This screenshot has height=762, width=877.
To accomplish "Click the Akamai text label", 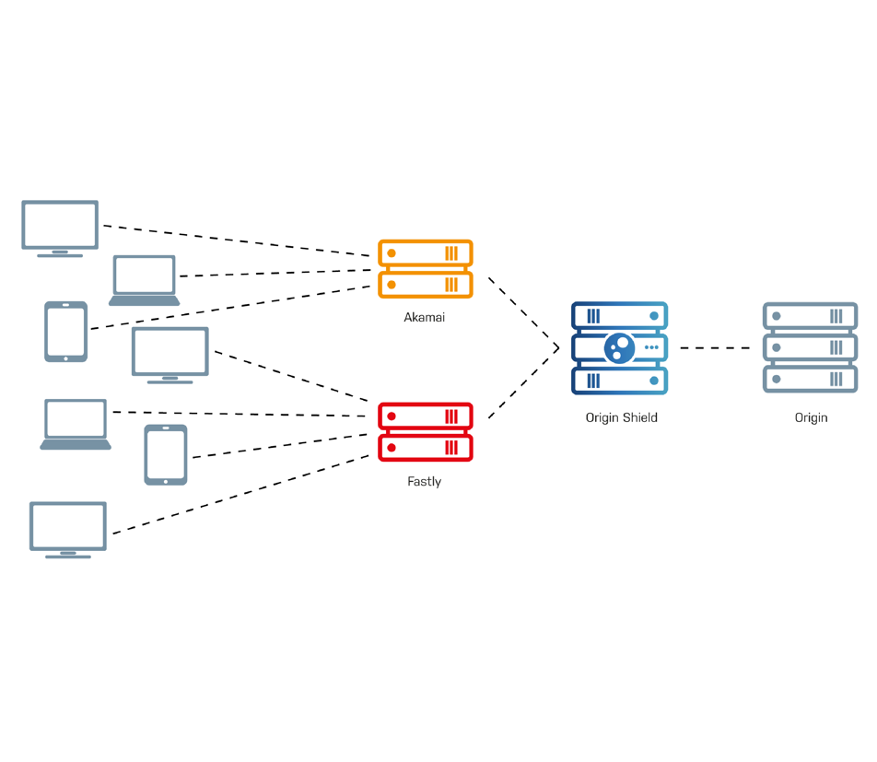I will click(x=424, y=318).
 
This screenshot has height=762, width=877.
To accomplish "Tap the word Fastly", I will click(x=424, y=482).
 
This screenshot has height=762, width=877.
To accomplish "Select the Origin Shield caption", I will click(x=621, y=417).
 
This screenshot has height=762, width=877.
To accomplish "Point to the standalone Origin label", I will click(x=811, y=417).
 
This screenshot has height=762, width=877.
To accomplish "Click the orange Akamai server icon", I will click(x=425, y=269).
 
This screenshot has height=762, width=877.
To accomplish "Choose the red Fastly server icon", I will click(x=425, y=432).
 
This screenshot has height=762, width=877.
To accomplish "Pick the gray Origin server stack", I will click(x=810, y=347).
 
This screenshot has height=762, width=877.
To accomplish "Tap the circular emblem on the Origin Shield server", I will click(x=620, y=348).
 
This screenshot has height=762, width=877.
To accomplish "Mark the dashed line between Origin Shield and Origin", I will click(x=715, y=348).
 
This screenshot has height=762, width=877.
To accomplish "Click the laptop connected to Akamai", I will click(x=145, y=279).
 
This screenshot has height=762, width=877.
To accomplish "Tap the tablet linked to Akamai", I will click(x=66, y=332).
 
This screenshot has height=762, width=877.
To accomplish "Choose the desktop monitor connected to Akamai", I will click(x=60, y=228).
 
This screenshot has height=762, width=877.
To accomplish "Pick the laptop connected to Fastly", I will click(x=76, y=424).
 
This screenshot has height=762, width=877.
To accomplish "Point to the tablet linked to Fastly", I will click(x=166, y=454).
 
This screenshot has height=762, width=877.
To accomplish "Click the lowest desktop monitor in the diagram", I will click(x=68, y=529).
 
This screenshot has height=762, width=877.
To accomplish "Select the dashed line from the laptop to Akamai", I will click(x=276, y=273).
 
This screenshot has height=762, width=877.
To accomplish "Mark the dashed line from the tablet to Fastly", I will click(x=281, y=444).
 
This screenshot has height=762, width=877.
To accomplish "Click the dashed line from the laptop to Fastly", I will click(x=240, y=414).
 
